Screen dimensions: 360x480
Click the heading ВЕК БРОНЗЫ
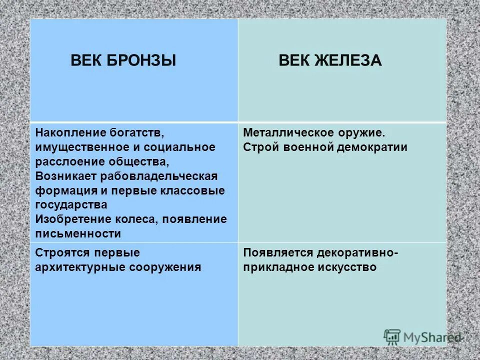click(x=123, y=61)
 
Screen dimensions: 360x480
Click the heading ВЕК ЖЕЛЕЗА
click(x=330, y=61)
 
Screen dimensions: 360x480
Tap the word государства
click(x=71, y=205)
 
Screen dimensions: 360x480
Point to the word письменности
click(x=78, y=233)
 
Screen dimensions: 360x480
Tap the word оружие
click(x=362, y=133)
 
